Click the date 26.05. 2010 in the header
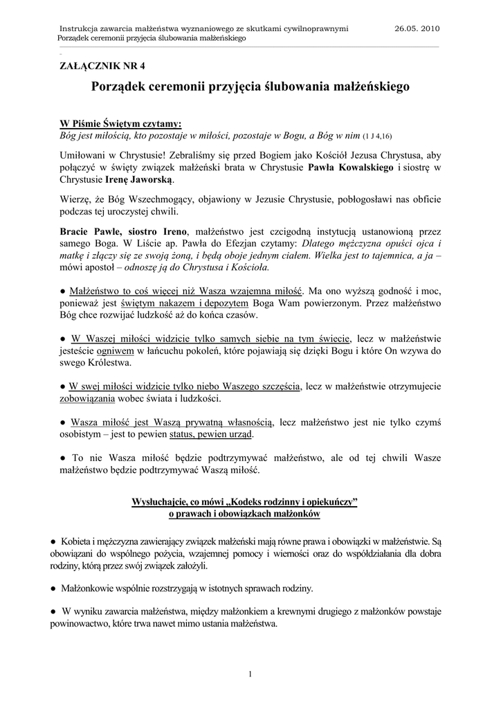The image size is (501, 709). point(417,28)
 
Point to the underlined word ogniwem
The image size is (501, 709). point(114,350)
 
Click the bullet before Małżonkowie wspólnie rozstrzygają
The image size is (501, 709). point(53,588)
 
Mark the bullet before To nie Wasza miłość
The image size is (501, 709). point(63,458)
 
